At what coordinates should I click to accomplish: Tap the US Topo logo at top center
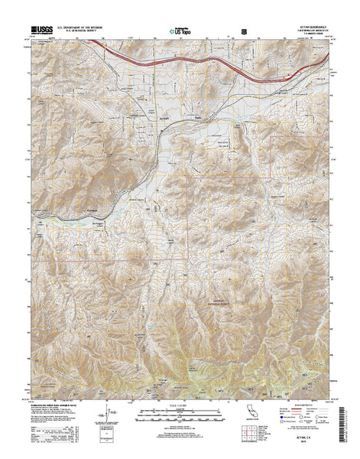coord(178,30)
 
